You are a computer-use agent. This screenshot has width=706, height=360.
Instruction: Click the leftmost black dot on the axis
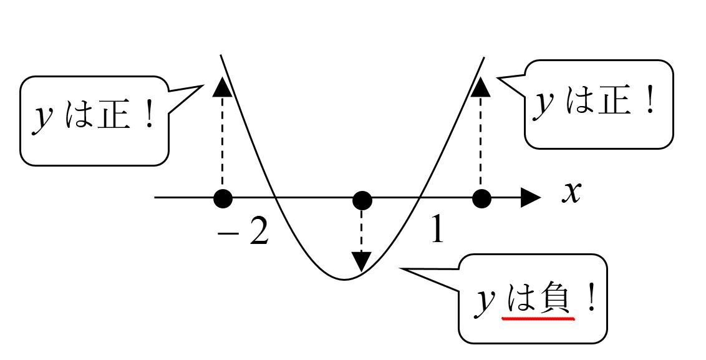coord(223,199)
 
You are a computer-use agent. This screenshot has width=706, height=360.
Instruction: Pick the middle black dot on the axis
coord(362,200)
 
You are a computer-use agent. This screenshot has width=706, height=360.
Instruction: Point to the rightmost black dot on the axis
coord(481,199)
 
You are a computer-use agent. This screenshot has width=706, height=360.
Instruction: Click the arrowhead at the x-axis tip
coord(531,198)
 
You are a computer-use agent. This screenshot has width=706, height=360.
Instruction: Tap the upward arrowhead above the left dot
coord(221,87)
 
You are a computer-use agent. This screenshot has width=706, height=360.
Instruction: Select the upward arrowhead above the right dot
coord(480,87)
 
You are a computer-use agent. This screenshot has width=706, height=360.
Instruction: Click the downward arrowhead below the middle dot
coord(361,261)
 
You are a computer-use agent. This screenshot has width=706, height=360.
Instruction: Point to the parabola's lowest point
coord(344,279)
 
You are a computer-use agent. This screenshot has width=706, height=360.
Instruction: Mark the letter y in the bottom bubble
coord(483,304)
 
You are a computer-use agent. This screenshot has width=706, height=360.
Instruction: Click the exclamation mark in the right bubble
coord(650,102)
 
